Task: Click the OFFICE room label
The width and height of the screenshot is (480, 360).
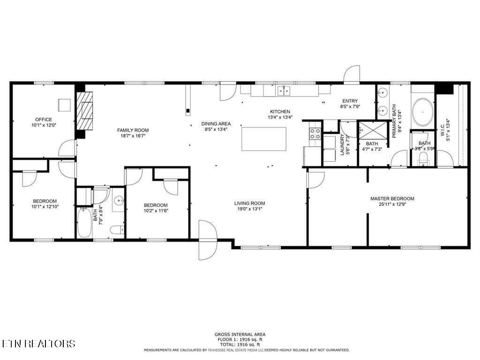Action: click(x=44, y=120)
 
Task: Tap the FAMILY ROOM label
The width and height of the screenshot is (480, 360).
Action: click(x=133, y=130)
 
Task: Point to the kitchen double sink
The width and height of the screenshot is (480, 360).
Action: click(x=284, y=90)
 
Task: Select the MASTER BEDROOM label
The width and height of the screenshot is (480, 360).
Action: click(x=392, y=198)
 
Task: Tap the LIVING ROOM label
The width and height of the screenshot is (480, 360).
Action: click(x=249, y=203)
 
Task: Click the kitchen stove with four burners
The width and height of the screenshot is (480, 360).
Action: click(x=315, y=133)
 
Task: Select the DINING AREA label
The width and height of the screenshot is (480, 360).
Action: click(x=216, y=124)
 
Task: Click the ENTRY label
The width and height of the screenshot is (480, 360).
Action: click(x=350, y=101)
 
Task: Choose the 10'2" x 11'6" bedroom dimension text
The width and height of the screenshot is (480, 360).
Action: click(x=156, y=211)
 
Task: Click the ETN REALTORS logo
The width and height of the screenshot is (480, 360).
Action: click(x=38, y=344)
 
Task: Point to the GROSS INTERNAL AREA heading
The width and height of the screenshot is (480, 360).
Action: click(x=240, y=334)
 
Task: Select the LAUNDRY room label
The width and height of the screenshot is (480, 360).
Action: click(x=343, y=145)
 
